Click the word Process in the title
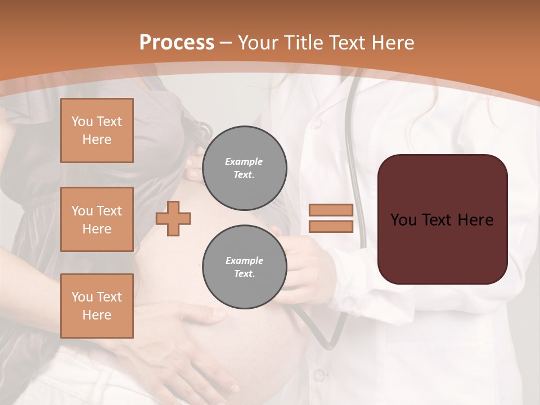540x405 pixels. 177,43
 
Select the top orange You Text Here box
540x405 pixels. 97,130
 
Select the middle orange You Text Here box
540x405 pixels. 97,219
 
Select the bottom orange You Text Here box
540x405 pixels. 97,305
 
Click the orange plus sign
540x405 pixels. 173,218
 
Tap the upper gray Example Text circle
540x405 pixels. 244,168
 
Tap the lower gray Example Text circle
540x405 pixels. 244,267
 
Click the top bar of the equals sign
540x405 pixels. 331,210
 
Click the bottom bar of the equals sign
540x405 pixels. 331,227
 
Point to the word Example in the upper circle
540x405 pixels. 244,161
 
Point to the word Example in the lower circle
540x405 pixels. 244,260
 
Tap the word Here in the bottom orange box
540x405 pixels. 97,315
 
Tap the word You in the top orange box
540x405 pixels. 82,121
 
